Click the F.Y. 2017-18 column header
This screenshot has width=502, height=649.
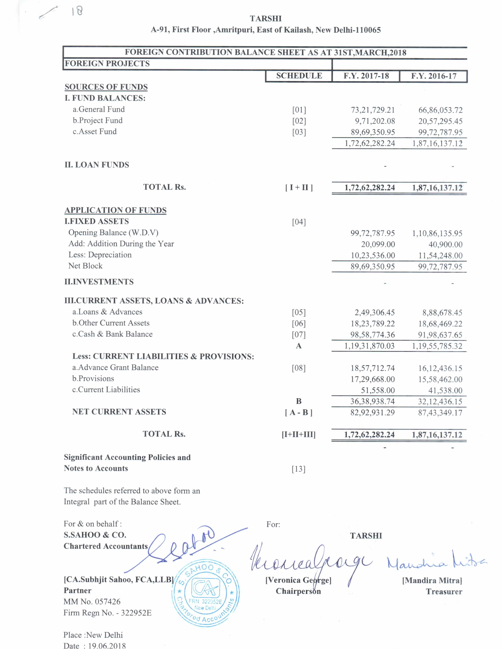pos(366,76)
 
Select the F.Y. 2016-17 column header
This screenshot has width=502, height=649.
pos(434,76)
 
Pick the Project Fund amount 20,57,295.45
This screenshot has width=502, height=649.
pos(440,121)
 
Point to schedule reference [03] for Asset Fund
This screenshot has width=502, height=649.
pos(299,132)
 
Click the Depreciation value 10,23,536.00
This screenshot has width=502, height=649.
pos(373,255)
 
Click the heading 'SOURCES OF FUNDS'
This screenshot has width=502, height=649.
pos(106,87)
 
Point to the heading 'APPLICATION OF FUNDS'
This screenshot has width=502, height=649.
pos(115,210)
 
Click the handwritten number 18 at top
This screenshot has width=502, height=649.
pos(77,11)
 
